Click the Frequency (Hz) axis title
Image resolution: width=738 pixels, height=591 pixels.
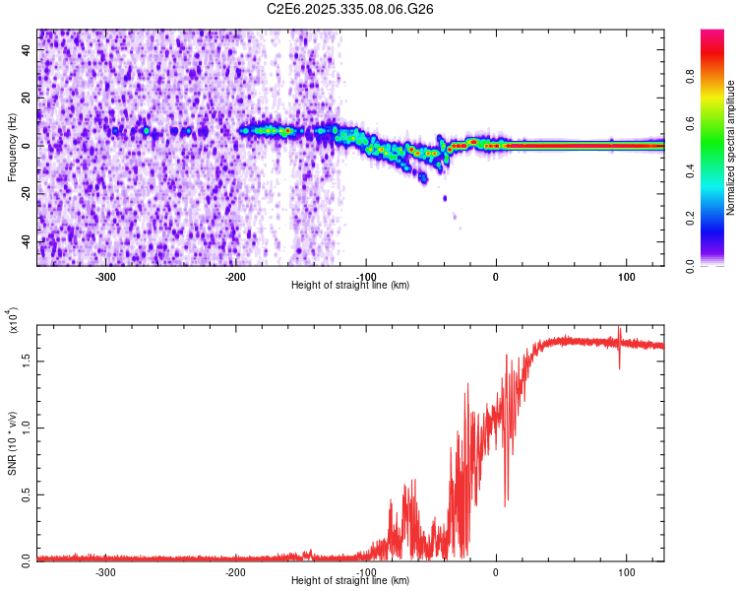coord(13,148)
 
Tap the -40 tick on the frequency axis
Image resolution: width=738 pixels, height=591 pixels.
coord(27,241)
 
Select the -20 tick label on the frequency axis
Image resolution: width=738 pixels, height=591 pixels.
coord(27,193)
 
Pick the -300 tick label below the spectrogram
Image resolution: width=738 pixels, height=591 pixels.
coord(104,275)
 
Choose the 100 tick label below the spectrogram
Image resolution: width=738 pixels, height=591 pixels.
coord(626,275)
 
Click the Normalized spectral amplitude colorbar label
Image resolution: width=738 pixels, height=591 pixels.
coord(731,148)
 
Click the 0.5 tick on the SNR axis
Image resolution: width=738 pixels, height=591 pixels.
coord(27,493)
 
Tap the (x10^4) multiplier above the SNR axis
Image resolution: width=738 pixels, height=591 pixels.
coord(14,322)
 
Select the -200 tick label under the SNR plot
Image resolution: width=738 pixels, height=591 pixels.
coord(235,570)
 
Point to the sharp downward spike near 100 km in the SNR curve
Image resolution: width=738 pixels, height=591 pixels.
coord(619,366)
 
